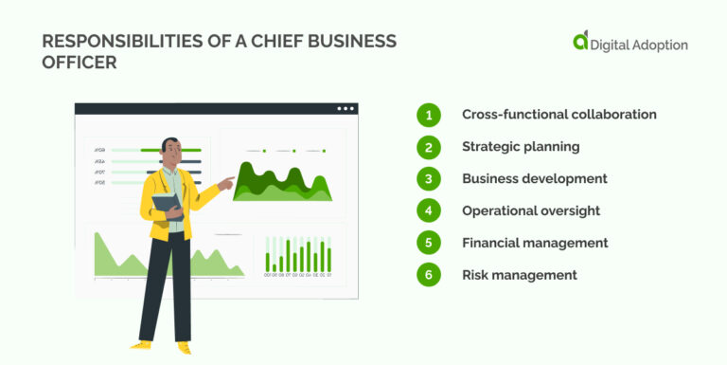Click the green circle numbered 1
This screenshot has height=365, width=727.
(x=429, y=115)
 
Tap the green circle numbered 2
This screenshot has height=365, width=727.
(x=429, y=147)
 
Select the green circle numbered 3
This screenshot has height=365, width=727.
(x=429, y=179)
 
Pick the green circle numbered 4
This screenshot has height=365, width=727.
(x=429, y=210)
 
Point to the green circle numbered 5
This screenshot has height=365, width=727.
(x=429, y=243)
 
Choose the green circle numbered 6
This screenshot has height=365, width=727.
(x=429, y=275)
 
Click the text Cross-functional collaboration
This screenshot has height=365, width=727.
(x=559, y=115)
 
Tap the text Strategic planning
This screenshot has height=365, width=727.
(x=521, y=147)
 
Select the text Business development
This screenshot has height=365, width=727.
(x=535, y=178)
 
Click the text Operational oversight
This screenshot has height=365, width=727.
(x=531, y=210)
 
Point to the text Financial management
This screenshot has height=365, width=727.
(x=535, y=243)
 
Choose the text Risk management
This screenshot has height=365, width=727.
(x=519, y=275)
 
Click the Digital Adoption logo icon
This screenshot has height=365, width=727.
(x=580, y=41)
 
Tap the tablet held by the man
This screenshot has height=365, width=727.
(x=166, y=203)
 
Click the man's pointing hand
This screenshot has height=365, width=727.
(x=226, y=179)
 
